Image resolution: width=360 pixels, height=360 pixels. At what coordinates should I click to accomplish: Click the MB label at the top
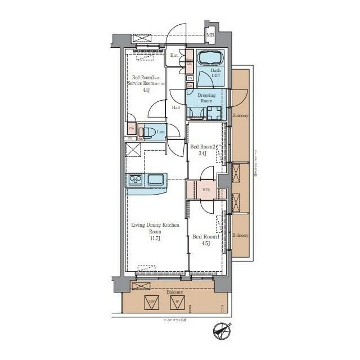tap(210, 35)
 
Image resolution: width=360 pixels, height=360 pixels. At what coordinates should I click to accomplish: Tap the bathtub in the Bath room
tap(210, 58)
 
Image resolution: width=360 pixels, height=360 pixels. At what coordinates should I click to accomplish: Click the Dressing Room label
tap(206, 98)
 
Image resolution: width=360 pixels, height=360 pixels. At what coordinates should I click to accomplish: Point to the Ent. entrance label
tap(174, 55)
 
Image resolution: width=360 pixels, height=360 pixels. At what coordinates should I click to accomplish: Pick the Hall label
tap(176, 107)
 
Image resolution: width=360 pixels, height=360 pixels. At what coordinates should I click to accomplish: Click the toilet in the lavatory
tap(148, 133)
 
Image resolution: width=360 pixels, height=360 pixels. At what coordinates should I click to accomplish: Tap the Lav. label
tap(160, 132)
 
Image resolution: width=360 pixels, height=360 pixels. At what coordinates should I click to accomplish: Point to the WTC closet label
tap(206, 190)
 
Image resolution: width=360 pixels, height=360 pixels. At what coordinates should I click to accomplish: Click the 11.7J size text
tap(155, 238)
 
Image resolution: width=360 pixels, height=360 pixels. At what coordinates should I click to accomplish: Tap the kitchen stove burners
tap(136, 181)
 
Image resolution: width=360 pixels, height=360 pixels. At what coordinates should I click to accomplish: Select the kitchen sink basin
tap(155, 181)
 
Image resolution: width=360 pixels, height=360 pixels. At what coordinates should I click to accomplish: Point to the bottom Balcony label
tap(174, 292)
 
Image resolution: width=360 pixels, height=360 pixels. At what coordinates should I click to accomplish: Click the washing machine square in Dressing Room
tap(213, 112)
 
